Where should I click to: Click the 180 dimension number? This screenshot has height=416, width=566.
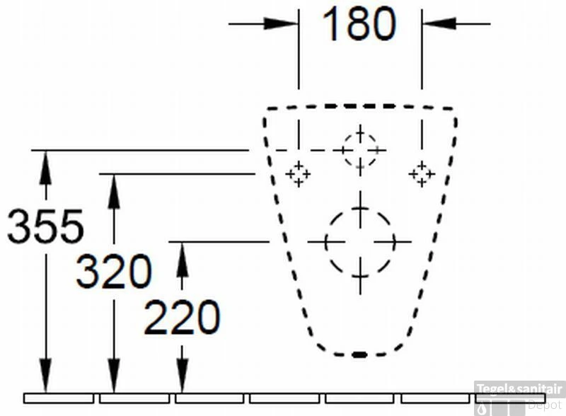coord(359,24)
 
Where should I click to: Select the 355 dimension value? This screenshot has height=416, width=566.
coord(45,226)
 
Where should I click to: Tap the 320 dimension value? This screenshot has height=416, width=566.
coord(114,271)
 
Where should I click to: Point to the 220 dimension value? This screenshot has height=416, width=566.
coord(182,317)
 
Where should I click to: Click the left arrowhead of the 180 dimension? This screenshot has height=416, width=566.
coord(281,24)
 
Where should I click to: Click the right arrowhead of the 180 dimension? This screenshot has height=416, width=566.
coord(439,24)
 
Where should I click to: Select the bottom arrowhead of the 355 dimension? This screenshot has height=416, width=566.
coord(45,376)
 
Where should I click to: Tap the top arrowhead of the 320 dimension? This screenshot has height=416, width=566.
coord(114,192)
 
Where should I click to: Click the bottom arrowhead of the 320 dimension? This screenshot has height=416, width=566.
coord(114,376)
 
